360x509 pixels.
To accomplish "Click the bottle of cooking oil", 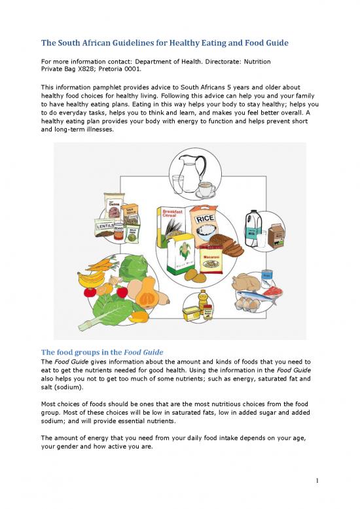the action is [203, 302].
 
